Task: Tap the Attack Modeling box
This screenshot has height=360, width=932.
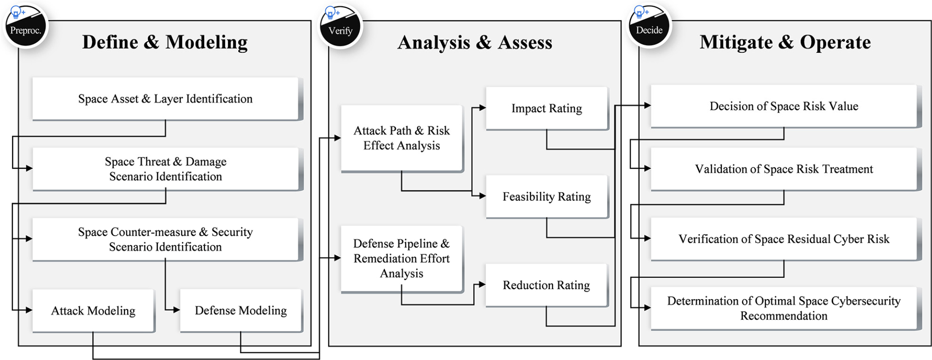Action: [93, 311]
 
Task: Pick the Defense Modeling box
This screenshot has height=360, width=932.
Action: [241, 311]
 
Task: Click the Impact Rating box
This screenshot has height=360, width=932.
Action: [547, 109]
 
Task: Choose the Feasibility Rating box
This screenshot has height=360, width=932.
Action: [547, 197]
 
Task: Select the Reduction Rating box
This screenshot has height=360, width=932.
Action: [547, 285]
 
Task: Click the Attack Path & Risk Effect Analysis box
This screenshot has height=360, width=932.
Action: [402, 138]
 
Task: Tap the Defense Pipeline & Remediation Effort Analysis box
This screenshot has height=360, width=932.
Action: [402, 259]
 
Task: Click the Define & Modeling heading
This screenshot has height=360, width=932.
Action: [165, 42]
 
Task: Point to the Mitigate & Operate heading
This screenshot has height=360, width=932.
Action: [785, 42]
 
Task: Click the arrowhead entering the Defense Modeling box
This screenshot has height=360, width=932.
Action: [176, 310]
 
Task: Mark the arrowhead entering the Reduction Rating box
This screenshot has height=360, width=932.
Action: [482, 285]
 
